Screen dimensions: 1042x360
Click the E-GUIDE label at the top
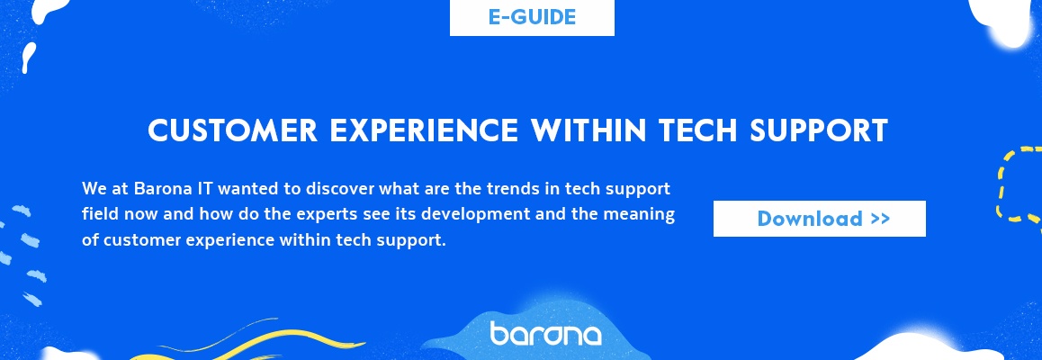click(532, 17)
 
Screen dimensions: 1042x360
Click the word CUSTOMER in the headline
click(232, 130)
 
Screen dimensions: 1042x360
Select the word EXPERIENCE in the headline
click(423, 130)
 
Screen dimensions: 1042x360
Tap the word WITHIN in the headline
click(588, 130)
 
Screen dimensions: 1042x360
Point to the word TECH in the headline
click(697, 130)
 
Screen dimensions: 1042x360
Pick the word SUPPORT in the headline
click(819, 130)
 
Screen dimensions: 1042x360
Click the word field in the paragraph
click(95, 214)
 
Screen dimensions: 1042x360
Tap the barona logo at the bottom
click(545, 333)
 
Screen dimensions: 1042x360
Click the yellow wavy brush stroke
click(259, 340)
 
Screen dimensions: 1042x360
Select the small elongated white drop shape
click(29, 58)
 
